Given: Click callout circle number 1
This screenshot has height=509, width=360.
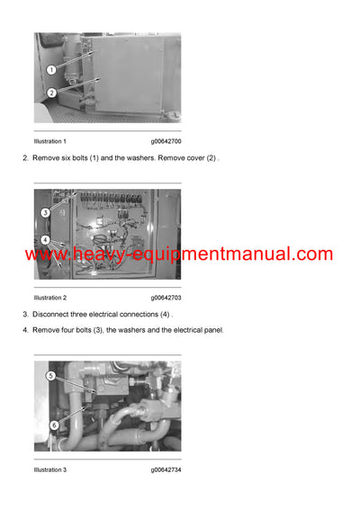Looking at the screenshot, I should coord(51,69).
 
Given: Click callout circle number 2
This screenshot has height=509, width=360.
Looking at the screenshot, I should coord(51,93).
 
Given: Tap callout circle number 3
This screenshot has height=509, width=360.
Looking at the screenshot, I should coord(45,213).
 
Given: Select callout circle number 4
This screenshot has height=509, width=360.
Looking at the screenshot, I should coord(45,240).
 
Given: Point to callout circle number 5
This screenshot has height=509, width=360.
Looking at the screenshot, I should coord(51,376).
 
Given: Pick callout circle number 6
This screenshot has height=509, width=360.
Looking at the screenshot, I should coord(54,425).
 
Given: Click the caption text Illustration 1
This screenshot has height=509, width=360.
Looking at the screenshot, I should coord(50,142).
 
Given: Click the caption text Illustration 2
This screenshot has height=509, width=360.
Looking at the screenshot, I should coord(50,298).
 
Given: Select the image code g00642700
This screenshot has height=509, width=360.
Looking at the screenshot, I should coord(166,142).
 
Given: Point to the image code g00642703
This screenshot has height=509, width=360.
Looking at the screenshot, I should coord(166,298).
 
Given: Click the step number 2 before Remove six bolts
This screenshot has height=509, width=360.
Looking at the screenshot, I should coord(24,158).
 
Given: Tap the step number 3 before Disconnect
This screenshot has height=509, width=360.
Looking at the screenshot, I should coord(24,314).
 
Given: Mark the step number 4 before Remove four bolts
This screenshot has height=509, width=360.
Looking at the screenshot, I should coord(24,330).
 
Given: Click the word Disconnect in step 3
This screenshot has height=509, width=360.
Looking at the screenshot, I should coord(53,314).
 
